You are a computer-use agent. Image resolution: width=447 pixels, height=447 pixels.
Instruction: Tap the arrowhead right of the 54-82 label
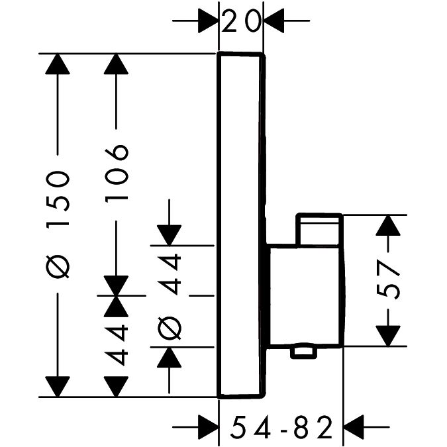(x=355, y=424)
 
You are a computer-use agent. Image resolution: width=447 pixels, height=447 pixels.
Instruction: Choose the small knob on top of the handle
(x=320, y=229)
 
